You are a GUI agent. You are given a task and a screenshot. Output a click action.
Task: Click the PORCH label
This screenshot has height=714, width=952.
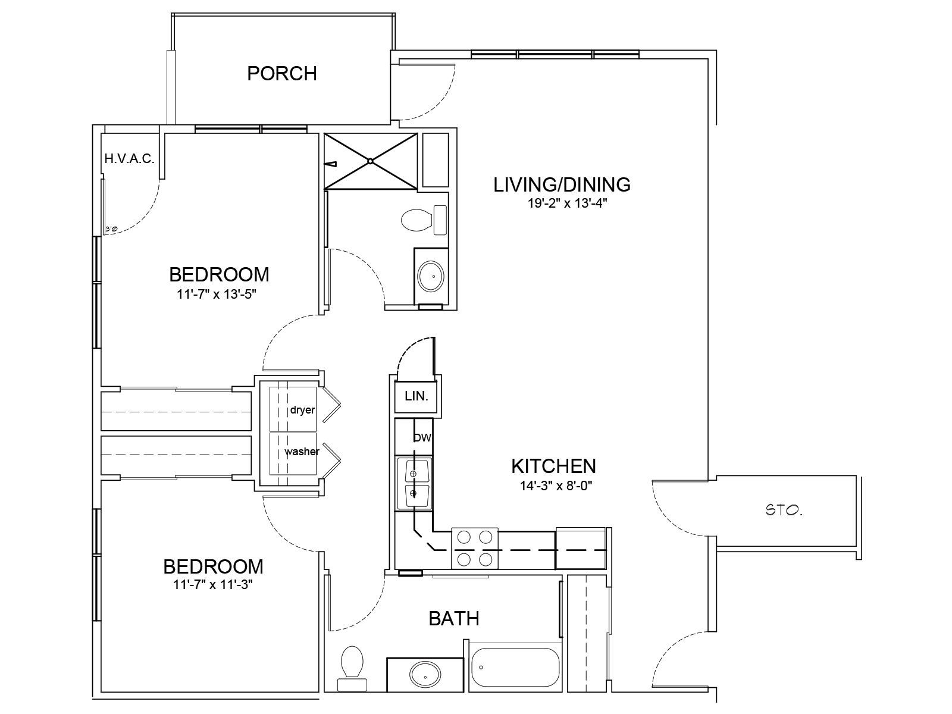pyautogui.click(x=282, y=74)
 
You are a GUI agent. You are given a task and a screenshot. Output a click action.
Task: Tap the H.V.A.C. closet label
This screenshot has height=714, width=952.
pyautogui.click(x=130, y=159)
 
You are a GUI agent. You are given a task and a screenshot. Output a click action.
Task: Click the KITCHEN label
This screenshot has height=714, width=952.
pyautogui.click(x=553, y=466)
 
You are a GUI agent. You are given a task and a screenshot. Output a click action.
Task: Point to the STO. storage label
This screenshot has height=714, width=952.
pyautogui.click(x=784, y=511)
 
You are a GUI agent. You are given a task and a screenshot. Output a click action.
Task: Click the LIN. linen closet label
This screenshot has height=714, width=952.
pyautogui.click(x=416, y=396)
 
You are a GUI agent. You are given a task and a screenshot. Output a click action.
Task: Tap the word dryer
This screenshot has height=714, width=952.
pyautogui.click(x=302, y=410)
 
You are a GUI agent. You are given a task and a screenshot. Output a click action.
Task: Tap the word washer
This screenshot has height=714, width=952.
pyautogui.click(x=302, y=451)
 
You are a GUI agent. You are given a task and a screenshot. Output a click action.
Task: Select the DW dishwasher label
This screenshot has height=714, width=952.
pyautogui.click(x=422, y=438)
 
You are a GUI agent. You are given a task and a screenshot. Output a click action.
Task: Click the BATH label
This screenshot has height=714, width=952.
pyautogui.click(x=453, y=619)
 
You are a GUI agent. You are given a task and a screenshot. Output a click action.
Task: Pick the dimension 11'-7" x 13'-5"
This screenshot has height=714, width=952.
pyautogui.click(x=217, y=295)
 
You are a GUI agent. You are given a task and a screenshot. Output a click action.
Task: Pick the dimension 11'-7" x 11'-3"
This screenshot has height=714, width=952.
pyautogui.click(x=213, y=585)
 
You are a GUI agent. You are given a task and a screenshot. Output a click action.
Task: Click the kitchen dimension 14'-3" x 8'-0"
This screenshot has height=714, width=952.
pyautogui.click(x=556, y=486)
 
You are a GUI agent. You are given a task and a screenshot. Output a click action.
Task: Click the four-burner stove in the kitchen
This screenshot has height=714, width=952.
pyautogui.click(x=475, y=549)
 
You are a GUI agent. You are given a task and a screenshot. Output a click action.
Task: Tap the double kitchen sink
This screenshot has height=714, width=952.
pyautogui.click(x=414, y=483)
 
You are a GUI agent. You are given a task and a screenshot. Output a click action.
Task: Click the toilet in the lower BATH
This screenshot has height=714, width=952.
pyautogui.click(x=352, y=669)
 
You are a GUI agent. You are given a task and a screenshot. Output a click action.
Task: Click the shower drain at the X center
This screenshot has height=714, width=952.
pyautogui.click(x=371, y=161)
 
